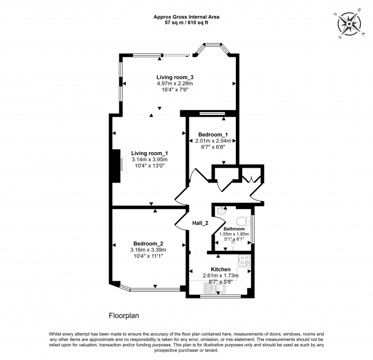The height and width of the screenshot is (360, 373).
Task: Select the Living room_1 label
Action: (149, 153)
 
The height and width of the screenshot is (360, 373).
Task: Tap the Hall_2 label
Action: (199, 222)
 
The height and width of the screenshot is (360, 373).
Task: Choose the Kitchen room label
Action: (220, 269)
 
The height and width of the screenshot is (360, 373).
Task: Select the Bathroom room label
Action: (234, 229)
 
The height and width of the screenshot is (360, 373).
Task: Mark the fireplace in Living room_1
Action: (117, 165)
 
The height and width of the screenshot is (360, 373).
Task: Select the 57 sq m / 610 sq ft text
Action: (186, 24)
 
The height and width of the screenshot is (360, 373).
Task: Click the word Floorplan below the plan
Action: (124, 316)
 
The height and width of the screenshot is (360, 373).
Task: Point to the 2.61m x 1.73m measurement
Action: (220, 276)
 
